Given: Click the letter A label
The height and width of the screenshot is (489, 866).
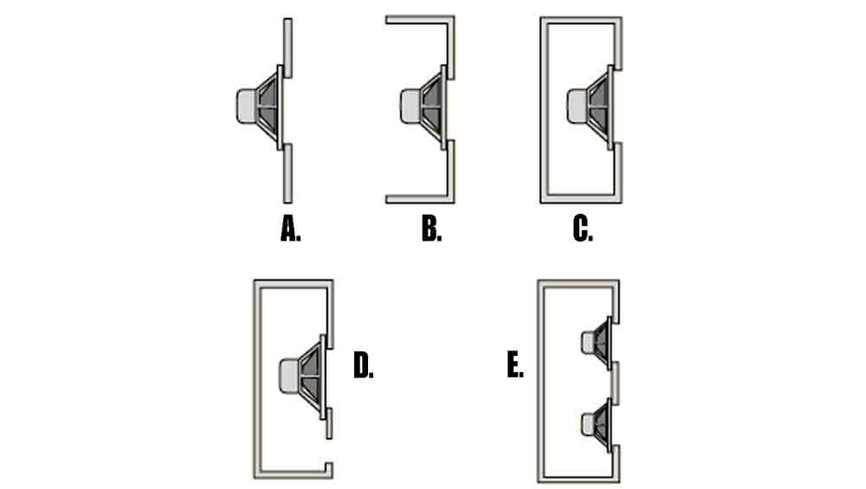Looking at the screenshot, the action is pyautogui.click(x=290, y=228).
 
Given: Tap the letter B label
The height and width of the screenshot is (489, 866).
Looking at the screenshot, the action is pyautogui.click(x=431, y=228).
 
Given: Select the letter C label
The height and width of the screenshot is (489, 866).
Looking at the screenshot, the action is pyautogui.click(x=583, y=228).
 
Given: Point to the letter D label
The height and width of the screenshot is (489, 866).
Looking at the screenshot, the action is pyautogui.click(x=363, y=365).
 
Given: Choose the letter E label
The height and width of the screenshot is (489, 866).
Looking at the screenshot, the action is pyautogui.click(x=514, y=365).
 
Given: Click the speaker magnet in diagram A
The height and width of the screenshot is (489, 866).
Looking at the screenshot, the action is pyautogui.click(x=246, y=106).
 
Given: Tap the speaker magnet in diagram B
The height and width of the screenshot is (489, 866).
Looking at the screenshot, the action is pyautogui.click(x=410, y=106).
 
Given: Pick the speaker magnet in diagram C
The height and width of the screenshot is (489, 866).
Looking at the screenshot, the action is pyautogui.click(x=577, y=106).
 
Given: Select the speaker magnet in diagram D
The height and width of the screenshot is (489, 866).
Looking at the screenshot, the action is pyautogui.click(x=289, y=376).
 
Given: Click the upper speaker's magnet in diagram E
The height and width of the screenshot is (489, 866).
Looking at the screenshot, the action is pyautogui.click(x=588, y=343).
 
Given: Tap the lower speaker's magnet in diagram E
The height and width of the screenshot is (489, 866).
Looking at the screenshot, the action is pyautogui.click(x=588, y=424).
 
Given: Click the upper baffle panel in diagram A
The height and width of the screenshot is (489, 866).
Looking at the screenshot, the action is pyautogui.click(x=288, y=48).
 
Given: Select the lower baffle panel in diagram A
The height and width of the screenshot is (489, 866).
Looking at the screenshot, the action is pyautogui.click(x=288, y=173).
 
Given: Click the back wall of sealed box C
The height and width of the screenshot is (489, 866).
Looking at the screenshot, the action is pyautogui.click(x=544, y=110).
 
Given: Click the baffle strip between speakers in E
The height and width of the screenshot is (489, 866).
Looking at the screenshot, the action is pyautogui.click(x=615, y=383).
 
